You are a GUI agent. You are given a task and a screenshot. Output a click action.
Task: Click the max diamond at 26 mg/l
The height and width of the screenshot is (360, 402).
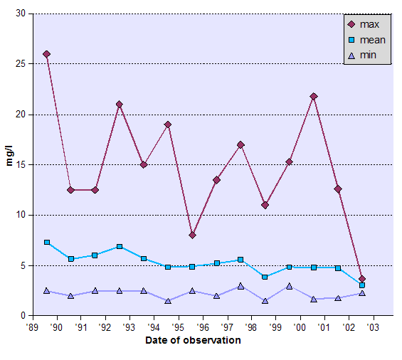coord(47,54)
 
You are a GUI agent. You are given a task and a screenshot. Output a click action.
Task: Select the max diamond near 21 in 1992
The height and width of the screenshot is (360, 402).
coord(120,105)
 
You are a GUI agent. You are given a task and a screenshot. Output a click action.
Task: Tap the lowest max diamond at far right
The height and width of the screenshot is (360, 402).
coord(362,279)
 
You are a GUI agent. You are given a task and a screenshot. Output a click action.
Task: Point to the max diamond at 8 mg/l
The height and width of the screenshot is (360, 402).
coord(192,235)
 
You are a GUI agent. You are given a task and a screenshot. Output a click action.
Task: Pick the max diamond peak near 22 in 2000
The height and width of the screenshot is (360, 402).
coord(314,96)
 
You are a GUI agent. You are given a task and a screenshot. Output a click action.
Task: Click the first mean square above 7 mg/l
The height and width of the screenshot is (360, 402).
coord(47,243)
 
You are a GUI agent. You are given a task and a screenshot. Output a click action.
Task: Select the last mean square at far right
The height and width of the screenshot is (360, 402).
coord(362,285)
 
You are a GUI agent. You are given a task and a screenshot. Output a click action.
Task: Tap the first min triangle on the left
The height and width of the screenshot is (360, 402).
coord(47,290)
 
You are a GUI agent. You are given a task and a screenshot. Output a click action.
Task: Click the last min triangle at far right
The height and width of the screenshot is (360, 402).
coord(362,292)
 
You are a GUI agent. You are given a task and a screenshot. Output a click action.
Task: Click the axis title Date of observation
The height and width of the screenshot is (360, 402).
coord(193,340)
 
